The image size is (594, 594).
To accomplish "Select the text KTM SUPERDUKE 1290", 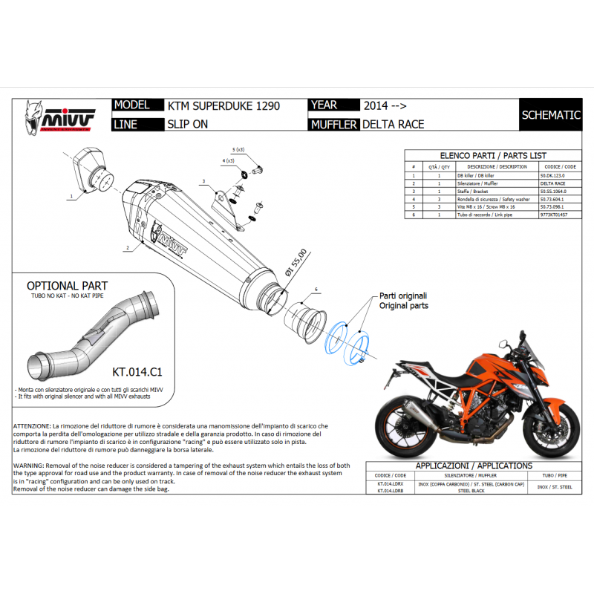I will (x=223, y=106).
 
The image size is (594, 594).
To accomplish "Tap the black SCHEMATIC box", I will (x=550, y=115).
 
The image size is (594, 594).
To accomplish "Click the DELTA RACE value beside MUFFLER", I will (x=393, y=124).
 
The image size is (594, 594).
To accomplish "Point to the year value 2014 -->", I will (x=385, y=106).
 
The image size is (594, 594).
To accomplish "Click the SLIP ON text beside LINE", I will (x=187, y=124).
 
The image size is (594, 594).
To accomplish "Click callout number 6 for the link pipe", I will (x=316, y=288).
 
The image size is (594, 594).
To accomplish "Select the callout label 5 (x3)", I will (x=238, y=149).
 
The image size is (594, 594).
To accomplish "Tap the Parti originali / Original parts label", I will (x=403, y=300).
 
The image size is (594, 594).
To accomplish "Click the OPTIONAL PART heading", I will (x=67, y=286).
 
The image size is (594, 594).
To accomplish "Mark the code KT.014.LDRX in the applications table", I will (x=391, y=483).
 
